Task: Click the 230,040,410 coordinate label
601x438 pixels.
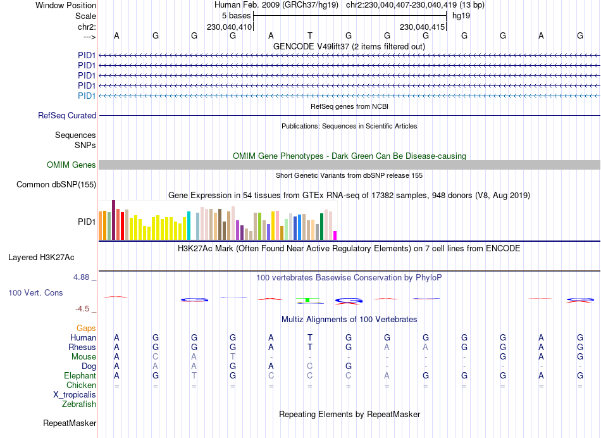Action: [x=230, y=27]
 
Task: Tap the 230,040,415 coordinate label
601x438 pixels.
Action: [x=422, y=27]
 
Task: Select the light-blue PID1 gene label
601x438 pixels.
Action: [x=87, y=96]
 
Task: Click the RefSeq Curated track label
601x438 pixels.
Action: [x=67, y=116]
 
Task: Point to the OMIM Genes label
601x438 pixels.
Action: [x=71, y=165]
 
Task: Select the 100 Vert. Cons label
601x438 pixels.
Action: [x=36, y=293]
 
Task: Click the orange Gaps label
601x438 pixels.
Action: [x=86, y=328]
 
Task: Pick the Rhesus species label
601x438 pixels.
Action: [x=82, y=347]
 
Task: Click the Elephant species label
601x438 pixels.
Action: [x=80, y=376]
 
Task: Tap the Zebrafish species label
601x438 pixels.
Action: [x=79, y=404]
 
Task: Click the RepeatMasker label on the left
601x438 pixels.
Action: [x=70, y=423]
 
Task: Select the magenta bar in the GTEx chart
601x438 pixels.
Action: [x=335, y=235]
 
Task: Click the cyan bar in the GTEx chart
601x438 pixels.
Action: [x=189, y=226]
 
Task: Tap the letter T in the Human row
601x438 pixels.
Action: [x=310, y=338]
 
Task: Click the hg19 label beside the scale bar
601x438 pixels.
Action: [x=461, y=15]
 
